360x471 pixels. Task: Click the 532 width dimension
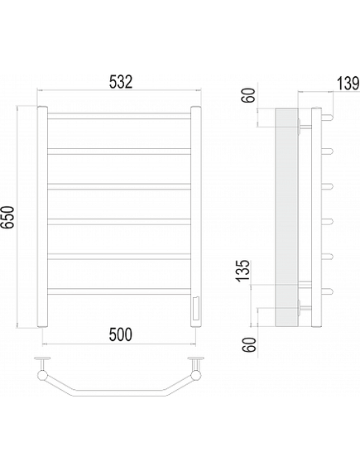click(x=120, y=82)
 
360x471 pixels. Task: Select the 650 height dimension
click(x=7, y=217)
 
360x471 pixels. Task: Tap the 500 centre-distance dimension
click(x=120, y=334)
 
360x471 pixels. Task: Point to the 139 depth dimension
click(x=348, y=84)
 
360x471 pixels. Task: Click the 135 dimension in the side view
click(x=243, y=271)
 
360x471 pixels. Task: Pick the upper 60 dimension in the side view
click(x=249, y=95)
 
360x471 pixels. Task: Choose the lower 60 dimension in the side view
click(x=250, y=344)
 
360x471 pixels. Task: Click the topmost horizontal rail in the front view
click(x=119, y=116)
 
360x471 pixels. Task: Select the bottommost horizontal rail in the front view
click(x=119, y=291)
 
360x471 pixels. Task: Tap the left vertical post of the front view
click(x=42, y=216)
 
